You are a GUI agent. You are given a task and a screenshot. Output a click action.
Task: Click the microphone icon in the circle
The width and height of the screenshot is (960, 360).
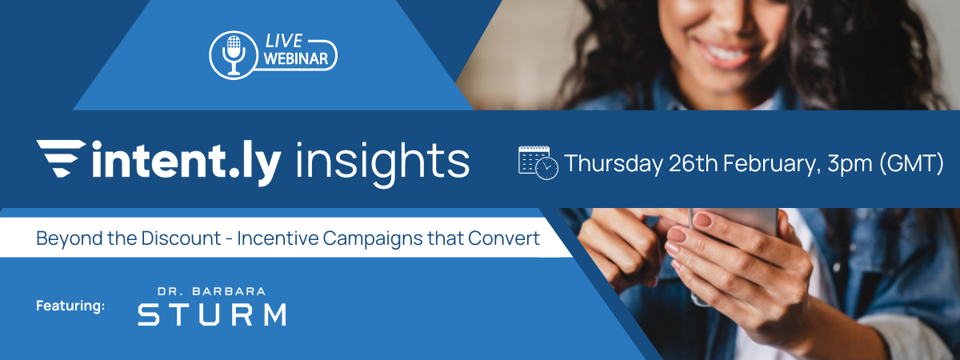(234, 53)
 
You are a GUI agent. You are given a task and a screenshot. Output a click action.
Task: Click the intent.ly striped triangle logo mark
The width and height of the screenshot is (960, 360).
(61, 160)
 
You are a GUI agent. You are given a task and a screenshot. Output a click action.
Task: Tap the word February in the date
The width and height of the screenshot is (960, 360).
(774, 163)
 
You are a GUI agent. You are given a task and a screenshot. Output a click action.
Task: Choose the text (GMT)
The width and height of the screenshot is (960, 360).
(914, 164)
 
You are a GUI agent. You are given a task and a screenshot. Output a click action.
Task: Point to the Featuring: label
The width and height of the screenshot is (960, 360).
(70, 305)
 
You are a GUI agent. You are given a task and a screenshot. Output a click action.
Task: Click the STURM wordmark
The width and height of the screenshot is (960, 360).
(211, 314)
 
